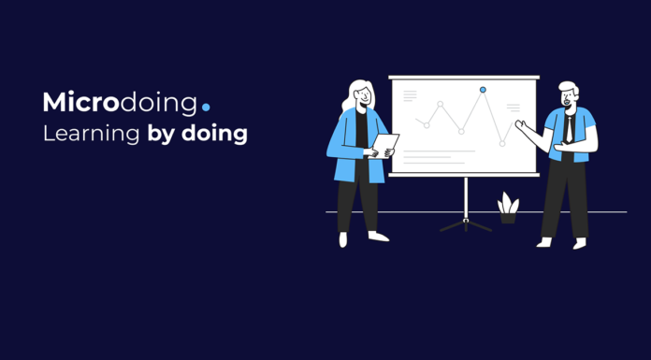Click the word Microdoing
point(120,103)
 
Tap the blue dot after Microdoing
point(206,108)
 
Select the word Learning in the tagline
point(92,135)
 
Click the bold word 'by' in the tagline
point(162,135)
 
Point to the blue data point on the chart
point(483,90)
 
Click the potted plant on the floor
point(508,208)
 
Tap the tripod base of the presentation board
point(466,225)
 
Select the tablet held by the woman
point(384,146)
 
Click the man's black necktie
point(569,130)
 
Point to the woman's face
point(363,97)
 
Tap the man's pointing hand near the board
point(521,124)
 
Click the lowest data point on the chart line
point(502,144)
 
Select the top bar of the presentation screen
point(464,78)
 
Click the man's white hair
point(569,87)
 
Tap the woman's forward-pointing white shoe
point(378,237)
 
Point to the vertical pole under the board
point(466,198)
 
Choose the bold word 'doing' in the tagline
point(214,135)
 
